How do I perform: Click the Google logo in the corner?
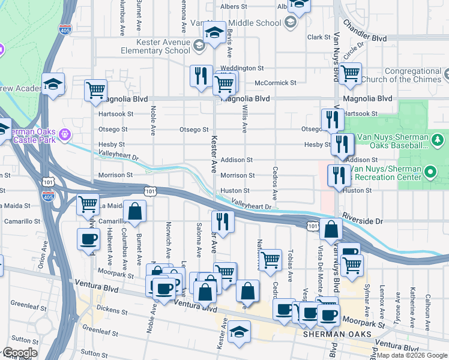(20, 353)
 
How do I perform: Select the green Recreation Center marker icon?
(429, 173)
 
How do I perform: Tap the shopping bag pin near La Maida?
(136, 211)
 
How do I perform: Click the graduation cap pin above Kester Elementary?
(213, 33)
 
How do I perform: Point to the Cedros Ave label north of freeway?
(275, 183)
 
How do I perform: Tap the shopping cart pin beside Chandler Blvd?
(349, 74)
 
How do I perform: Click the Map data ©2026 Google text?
(412, 355)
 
